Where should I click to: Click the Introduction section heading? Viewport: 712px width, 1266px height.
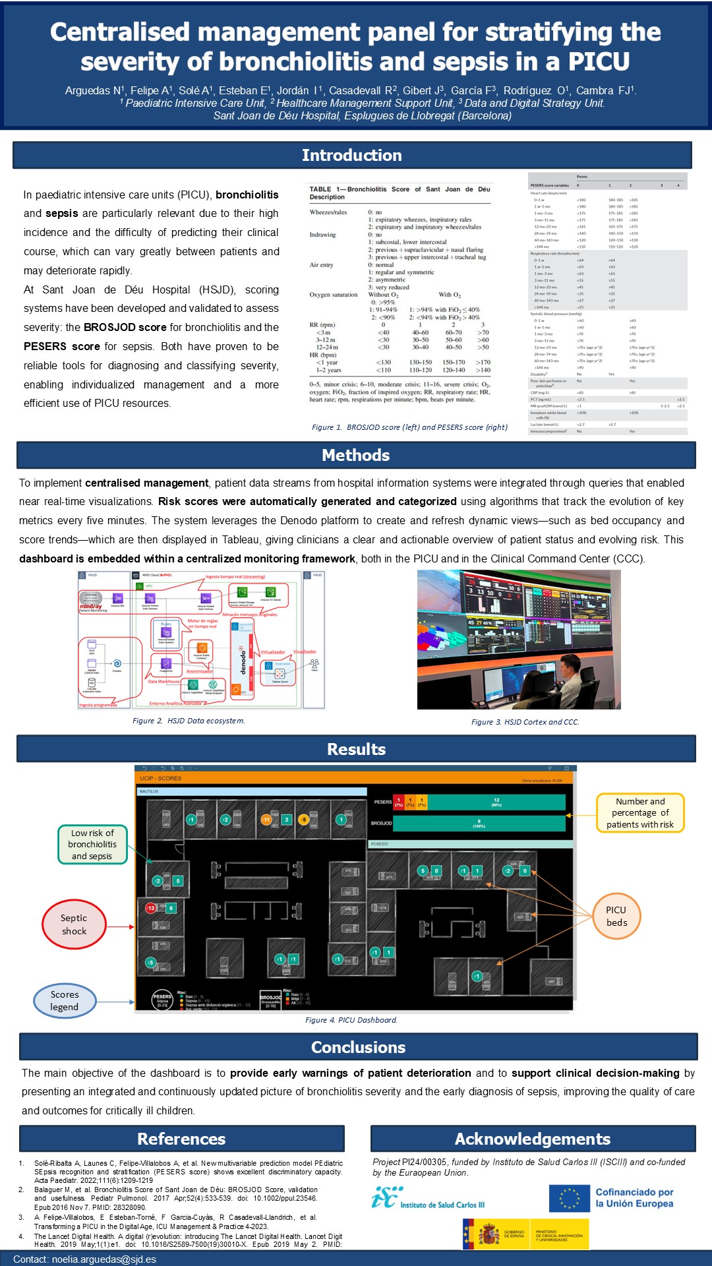351,156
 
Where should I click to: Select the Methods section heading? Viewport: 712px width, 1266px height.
355,455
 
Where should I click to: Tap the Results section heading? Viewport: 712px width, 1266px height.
356,749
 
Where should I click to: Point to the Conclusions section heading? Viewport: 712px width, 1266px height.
358,1047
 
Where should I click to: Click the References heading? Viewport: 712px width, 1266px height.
181,1139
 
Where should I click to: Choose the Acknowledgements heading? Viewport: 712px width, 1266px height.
532,1139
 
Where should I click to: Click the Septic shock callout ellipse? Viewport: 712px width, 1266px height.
74,924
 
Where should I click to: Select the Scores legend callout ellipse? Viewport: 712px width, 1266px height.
65,1001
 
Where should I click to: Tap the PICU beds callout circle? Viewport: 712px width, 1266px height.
616,916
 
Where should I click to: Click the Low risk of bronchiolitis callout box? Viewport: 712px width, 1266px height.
92,845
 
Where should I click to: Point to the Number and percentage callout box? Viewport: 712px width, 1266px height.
640,813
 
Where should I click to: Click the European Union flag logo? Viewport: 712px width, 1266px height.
570,1198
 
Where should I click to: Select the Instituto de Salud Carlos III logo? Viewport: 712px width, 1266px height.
428,1199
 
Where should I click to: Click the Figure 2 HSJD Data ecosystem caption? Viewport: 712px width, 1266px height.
189,721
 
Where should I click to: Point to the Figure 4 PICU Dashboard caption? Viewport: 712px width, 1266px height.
351,1020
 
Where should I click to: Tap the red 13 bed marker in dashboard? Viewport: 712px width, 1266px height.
151,908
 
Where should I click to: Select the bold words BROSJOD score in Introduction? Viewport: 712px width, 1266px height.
125,328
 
